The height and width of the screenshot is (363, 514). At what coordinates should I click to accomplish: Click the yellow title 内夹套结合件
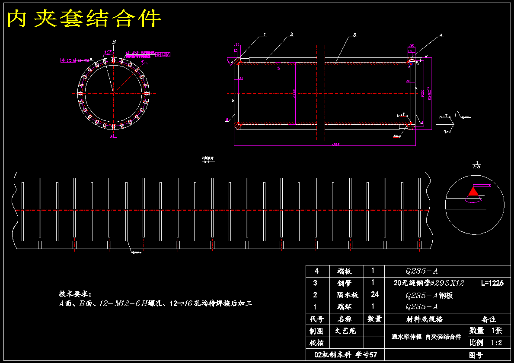click(x=85, y=19)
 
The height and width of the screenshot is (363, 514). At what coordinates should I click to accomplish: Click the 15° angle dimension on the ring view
click(x=106, y=52)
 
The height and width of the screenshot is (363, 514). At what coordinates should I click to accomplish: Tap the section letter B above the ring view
click(x=114, y=41)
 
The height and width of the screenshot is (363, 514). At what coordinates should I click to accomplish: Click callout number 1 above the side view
click(x=265, y=35)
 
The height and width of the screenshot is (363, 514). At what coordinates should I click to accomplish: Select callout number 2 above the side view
click(x=292, y=34)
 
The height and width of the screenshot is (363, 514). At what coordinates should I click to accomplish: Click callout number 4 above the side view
click(x=441, y=35)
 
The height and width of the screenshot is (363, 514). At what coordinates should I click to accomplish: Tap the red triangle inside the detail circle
click(x=474, y=191)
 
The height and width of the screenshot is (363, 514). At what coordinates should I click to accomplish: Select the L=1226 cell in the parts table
click(x=492, y=283)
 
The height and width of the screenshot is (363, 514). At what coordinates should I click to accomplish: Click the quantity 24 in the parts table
click(x=374, y=295)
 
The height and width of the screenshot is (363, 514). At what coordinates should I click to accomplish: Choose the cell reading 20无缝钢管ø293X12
click(x=429, y=283)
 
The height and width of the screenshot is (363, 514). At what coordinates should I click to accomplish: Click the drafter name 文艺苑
click(x=345, y=331)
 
